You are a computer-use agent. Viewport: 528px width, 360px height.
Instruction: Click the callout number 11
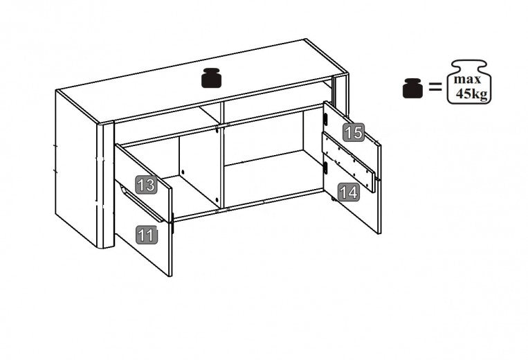tap(146, 235)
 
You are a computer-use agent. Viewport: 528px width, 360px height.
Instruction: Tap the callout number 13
tap(145, 185)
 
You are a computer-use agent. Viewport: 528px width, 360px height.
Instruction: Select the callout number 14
tap(350, 192)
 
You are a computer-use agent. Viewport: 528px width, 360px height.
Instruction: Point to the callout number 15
tap(354, 132)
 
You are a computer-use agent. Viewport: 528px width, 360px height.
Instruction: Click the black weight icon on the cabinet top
tap(212, 78)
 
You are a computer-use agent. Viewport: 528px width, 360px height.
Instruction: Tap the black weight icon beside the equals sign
tap(412, 88)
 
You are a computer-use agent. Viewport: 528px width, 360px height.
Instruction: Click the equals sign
tap(435, 88)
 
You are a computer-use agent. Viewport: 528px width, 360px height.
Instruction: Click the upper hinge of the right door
tap(325, 119)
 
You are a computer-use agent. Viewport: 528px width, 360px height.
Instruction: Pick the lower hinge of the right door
tap(325, 167)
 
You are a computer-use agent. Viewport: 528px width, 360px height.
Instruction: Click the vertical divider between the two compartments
tap(221, 159)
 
